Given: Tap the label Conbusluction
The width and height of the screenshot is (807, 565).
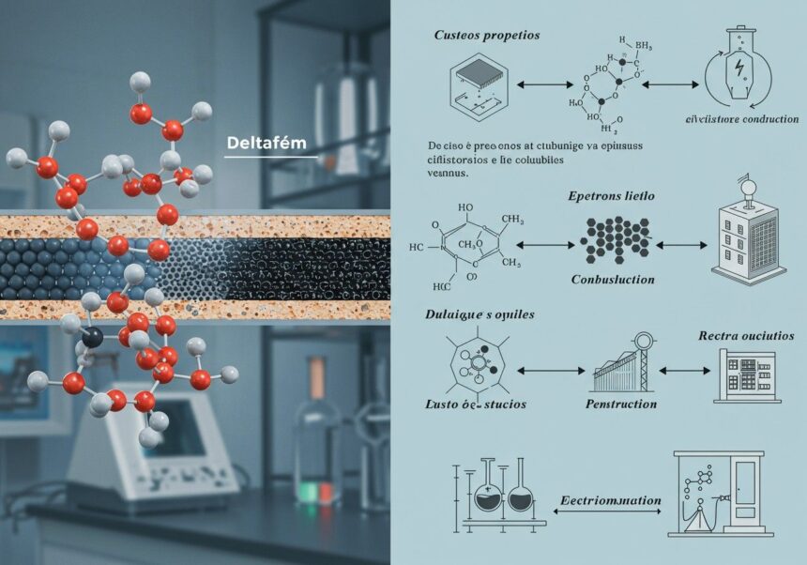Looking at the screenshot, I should click(614, 280).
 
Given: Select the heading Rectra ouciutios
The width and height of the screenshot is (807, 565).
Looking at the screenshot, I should click(746, 335).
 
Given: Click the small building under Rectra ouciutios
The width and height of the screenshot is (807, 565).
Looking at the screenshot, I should click(746, 375).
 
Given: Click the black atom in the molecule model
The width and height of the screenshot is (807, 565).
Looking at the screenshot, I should click(91, 336).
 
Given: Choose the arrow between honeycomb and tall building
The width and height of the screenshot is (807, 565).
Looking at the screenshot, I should click(678, 245).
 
